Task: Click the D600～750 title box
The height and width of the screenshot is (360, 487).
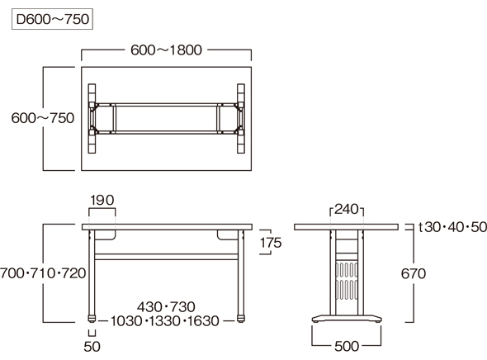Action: [52, 19]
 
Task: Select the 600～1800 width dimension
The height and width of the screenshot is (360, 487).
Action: [166, 50]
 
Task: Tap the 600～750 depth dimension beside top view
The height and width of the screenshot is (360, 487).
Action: [43, 118]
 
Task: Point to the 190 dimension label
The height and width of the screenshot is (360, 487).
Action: [102, 200]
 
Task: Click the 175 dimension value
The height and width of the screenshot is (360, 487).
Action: [271, 243]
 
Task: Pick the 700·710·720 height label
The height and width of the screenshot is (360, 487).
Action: [43, 273]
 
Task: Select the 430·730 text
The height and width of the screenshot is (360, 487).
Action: [166, 307]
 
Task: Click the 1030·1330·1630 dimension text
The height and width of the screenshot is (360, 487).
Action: [165, 321]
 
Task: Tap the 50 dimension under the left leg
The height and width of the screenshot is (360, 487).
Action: [92, 346]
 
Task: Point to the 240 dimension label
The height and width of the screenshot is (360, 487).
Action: [347, 210]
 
